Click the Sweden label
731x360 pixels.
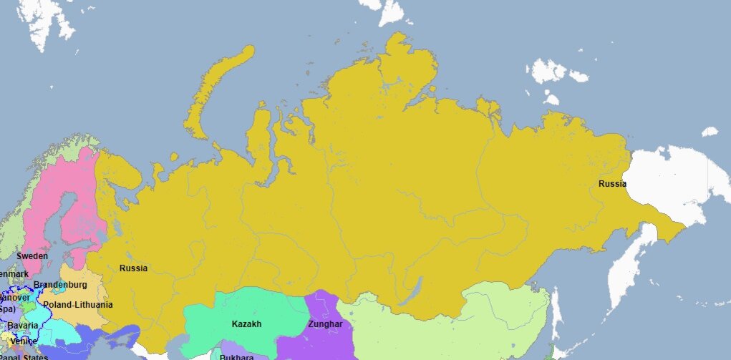(x=32, y=256)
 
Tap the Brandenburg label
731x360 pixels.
(x=60, y=285)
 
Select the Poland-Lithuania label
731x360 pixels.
(x=77, y=305)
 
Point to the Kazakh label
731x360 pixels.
(x=246, y=324)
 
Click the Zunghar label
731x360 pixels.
(x=325, y=324)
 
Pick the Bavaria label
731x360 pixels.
(x=23, y=326)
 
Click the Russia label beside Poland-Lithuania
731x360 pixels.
(x=133, y=268)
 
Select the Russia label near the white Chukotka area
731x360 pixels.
(x=612, y=184)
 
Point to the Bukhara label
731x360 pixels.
(x=237, y=356)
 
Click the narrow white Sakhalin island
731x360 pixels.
(x=555, y=315)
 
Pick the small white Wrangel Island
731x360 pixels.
(x=709, y=132)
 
